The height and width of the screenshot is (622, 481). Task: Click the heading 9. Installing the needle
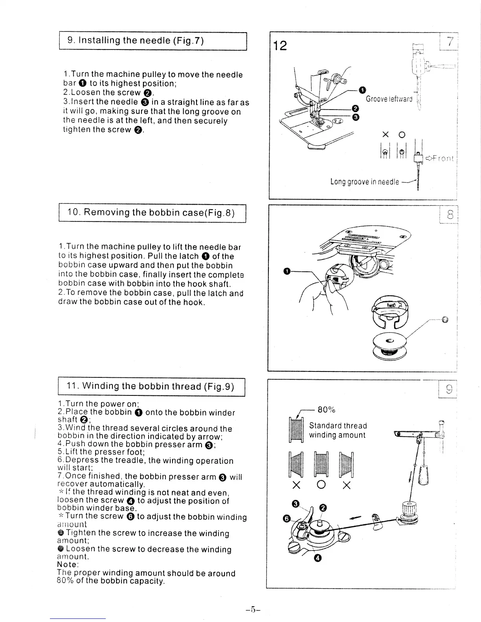(136, 40)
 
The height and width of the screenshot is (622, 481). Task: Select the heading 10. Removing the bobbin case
(151, 213)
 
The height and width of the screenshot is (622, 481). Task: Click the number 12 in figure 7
(280, 46)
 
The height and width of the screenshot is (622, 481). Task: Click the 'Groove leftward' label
(389, 99)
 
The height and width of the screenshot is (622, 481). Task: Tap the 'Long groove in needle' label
(364, 181)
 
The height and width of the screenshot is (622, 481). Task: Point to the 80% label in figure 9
(326, 410)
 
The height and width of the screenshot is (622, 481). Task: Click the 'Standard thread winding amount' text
(338, 430)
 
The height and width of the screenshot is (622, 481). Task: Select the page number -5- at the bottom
(253, 609)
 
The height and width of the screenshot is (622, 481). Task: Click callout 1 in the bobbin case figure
(287, 271)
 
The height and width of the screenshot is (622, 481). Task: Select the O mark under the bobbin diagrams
(321, 486)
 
